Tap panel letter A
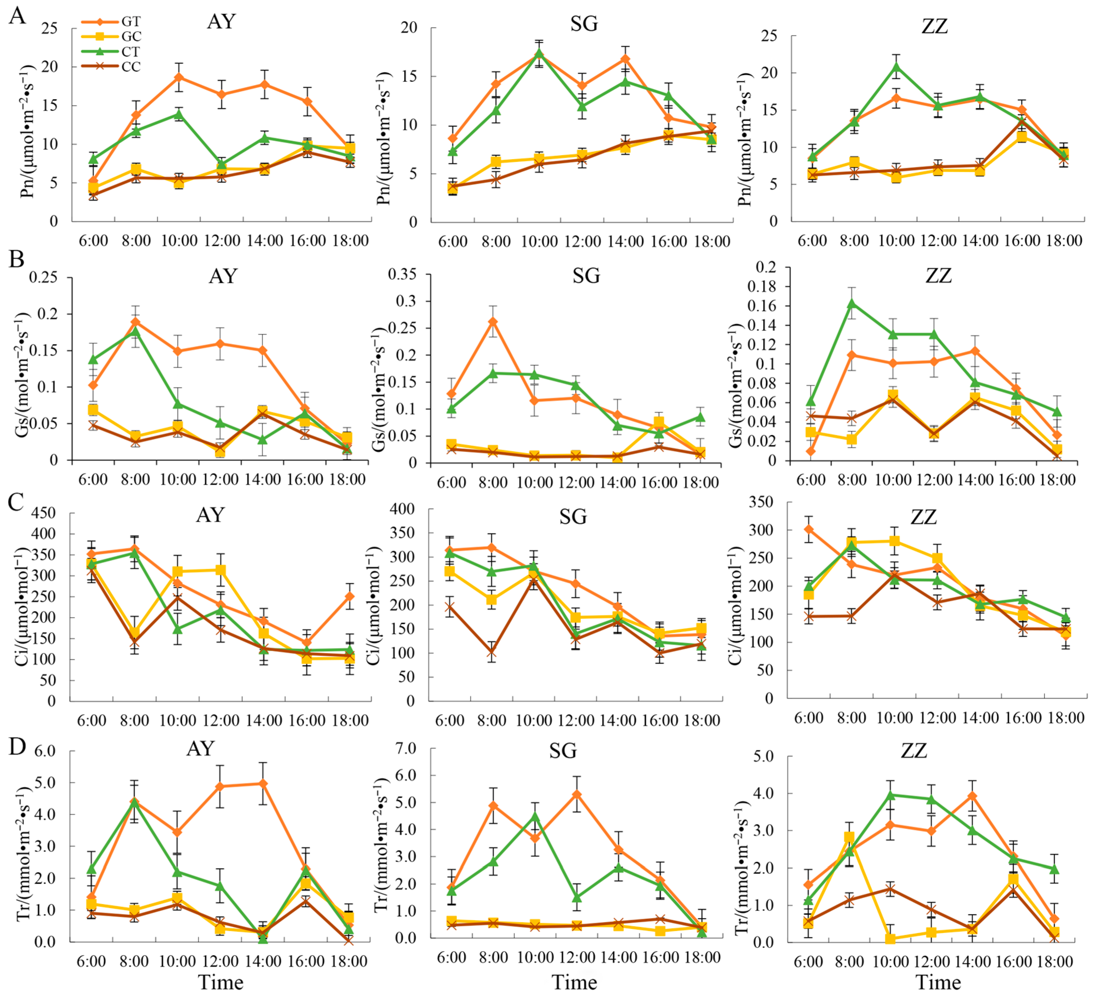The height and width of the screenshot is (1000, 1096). (x=18, y=16)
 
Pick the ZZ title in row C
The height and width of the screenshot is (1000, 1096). (x=923, y=516)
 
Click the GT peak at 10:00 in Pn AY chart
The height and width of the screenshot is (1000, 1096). (x=179, y=77)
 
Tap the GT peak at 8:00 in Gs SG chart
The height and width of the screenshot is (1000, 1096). (x=493, y=322)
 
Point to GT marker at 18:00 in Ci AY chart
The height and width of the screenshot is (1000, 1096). (x=350, y=596)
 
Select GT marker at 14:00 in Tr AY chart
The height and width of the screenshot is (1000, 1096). (x=263, y=784)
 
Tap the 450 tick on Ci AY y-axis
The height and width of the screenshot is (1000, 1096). (x=43, y=513)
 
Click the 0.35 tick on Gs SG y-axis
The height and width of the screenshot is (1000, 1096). (x=402, y=274)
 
